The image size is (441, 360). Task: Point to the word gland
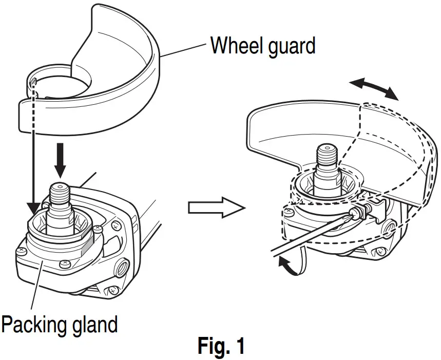97,324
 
